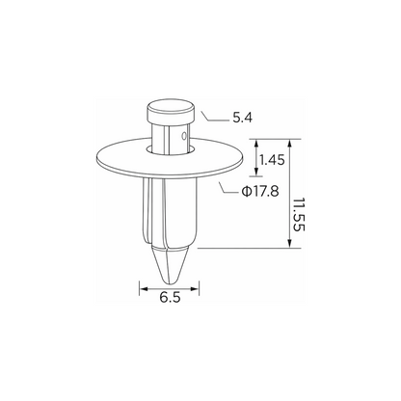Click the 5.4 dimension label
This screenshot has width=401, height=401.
[243, 118]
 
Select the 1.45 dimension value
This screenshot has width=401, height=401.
[272, 160]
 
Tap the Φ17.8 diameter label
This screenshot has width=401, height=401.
[260, 192]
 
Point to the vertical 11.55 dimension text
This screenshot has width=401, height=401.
[299, 214]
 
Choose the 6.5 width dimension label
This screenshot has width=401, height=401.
[170, 298]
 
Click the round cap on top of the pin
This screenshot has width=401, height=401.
[171, 111]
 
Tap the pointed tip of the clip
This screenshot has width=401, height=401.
[170, 282]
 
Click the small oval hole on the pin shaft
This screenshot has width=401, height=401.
[184, 136]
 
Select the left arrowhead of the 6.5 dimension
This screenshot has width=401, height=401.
[143, 289]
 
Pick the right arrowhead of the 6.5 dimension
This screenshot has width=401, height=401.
[195, 289]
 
